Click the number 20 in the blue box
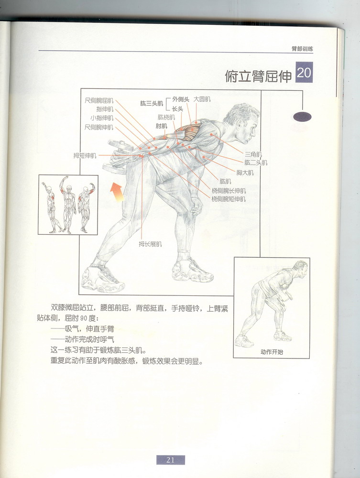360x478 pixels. tap(304, 74)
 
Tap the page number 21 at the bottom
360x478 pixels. tap(170, 460)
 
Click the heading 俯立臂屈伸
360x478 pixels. tap(258, 76)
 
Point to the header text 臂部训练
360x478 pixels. tap(302, 48)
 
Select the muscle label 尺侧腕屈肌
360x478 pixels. tap(99, 100)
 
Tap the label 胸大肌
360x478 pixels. tap(245, 173)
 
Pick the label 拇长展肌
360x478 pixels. tap(150, 244)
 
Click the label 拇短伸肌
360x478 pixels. tap(85, 155)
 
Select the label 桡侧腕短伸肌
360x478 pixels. tap(229, 198)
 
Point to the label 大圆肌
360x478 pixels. tap(202, 99)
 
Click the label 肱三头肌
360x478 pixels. tap(152, 103)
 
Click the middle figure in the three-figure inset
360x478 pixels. tap(68, 205)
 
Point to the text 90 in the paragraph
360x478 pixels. tap(84, 319)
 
